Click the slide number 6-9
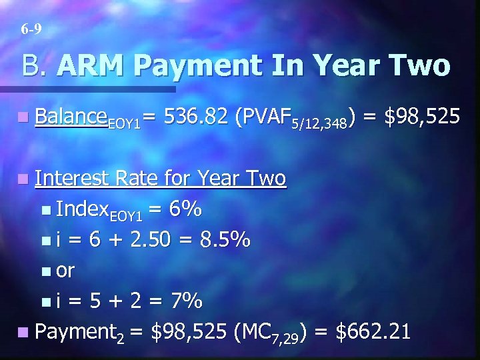click(x=31, y=29)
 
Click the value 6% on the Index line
click(x=184, y=209)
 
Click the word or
click(x=65, y=271)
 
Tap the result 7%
click(x=185, y=301)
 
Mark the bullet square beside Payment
click(x=23, y=331)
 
